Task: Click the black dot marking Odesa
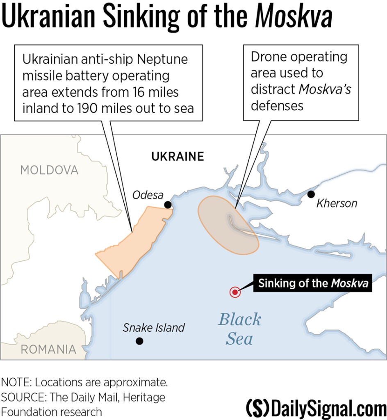coord(167,204)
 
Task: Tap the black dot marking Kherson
coord(311,194)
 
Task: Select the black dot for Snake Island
coord(140,340)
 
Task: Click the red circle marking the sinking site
coord(234,292)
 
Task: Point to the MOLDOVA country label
coord(49,170)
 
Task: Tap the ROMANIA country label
coord(48,349)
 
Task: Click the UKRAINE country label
coord(178,156)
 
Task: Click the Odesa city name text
coord(148,195)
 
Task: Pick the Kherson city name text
coord(337,203)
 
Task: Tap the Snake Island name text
coord(154,328)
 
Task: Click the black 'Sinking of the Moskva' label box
coord(313,283)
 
